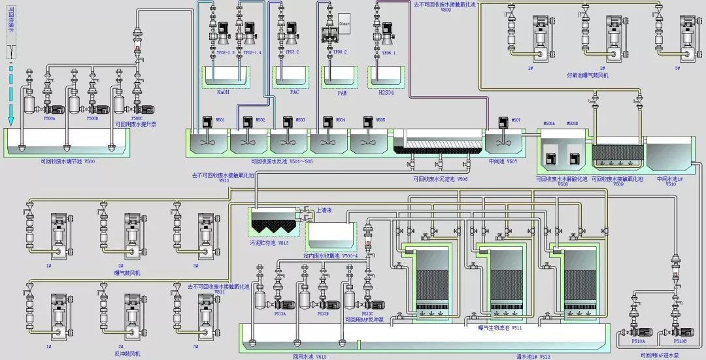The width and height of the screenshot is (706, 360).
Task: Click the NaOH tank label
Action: coord(223,92)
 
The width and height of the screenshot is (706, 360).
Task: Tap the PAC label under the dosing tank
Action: coord(295,92)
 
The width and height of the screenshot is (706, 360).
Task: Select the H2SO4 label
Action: coord(386,93)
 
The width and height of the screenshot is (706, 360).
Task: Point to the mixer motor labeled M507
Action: coord(503,122)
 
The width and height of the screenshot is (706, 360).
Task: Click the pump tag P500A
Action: coord(50,118)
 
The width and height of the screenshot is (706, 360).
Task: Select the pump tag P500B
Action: coord(92,118)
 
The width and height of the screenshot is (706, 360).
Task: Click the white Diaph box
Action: coord(345,23)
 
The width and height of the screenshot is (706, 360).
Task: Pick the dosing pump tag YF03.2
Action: coord(292,52)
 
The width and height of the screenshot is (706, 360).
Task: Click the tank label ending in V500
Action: coord(67,160)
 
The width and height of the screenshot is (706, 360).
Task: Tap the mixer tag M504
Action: coord(340,120)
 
